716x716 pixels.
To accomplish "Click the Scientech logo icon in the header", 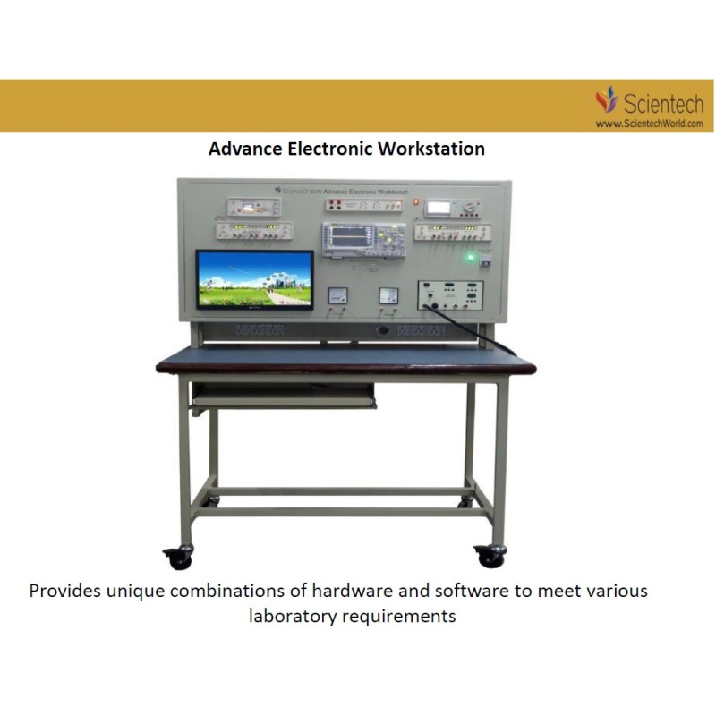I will pos(608,98).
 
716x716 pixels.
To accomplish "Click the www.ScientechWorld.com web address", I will pos(649,124).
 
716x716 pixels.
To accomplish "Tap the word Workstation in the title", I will pos(431,149).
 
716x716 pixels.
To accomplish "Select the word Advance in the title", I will pos(243,149).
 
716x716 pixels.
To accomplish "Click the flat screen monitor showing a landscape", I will pos(254,278).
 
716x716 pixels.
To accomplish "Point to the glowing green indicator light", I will pos(468,259).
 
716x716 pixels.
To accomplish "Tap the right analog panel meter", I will pos(388,294).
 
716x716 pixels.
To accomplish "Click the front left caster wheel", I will pos(179,558).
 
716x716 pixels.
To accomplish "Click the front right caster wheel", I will pos(490,556).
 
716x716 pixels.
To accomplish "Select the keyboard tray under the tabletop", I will pos(283,396).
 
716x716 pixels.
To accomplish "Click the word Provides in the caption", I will pos(64,592).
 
